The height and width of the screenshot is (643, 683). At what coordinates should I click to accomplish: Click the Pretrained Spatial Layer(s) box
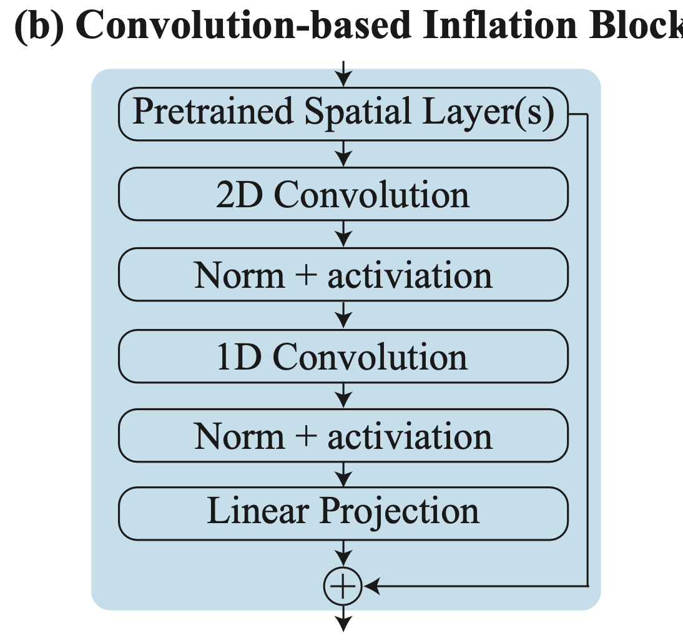(343, 114)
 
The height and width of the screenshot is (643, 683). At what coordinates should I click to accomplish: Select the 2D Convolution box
(343, 194)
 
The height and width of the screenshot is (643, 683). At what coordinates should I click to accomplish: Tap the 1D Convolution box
(343, 356)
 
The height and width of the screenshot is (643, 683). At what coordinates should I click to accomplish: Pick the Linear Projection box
(343, 514)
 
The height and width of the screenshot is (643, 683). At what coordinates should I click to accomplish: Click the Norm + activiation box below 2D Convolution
(343, 275)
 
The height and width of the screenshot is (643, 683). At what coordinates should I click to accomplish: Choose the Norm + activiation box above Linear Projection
(343, 435)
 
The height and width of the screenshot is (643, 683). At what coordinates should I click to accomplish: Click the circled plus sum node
(343, 586)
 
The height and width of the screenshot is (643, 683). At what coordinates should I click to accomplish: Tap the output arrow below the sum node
(343, 619)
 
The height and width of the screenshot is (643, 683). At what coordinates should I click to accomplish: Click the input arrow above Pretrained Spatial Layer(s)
(343, 74)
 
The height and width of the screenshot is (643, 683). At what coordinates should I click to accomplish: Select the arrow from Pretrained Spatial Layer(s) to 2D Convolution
(343, 154)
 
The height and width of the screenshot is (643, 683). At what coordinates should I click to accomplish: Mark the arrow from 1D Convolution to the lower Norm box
(343, 396)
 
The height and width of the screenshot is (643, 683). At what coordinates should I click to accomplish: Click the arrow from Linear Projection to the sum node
(343, 554)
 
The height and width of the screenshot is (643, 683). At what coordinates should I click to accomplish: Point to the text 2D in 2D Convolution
(239, 195)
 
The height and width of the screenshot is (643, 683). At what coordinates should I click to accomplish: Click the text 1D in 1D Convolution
(239, 357)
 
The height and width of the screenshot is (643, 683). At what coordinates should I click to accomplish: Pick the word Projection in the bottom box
(400, 511)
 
